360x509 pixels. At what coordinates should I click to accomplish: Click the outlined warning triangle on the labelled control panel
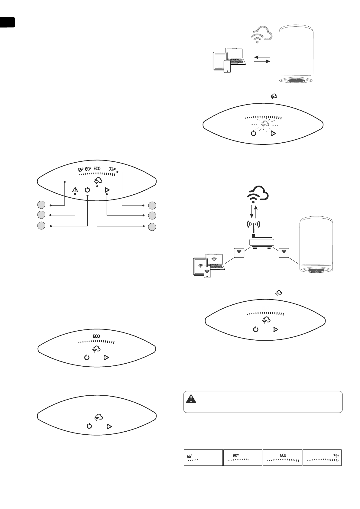[75, 190]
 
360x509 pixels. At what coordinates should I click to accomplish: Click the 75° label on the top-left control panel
[112, 170]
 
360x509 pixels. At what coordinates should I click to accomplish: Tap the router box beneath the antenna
[262, 242]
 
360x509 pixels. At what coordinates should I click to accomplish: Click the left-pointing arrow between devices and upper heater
[260, 57]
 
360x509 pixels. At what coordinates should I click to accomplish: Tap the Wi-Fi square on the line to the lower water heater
[284, 252]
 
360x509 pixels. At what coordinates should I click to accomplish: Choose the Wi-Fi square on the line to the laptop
[239, 252]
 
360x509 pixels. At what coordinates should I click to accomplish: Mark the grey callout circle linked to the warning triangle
[41, 215]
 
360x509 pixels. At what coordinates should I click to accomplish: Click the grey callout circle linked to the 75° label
[152, 206]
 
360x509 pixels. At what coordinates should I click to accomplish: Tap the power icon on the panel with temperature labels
[87, 190]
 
